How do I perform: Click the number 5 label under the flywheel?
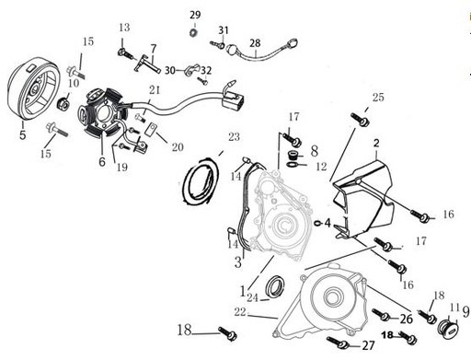tap(23, 134)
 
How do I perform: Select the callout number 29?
tap(194, 15)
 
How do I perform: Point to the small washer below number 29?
tap(194, 33)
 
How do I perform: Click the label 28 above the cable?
tap(255, 43)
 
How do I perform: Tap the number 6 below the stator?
tap(102, 161)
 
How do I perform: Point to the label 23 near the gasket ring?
tap(234, 137)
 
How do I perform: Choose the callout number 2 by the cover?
tap(375, 143)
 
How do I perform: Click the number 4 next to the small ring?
tap(327, 223)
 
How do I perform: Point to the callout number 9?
tap(465, 312)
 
